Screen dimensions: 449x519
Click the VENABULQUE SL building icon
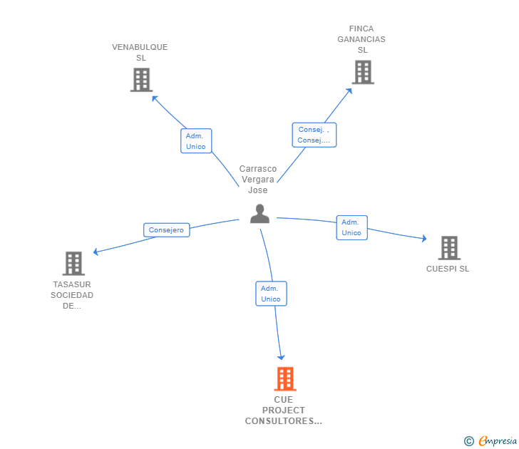point(141,80)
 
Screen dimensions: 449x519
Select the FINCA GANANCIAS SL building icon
point(362,72)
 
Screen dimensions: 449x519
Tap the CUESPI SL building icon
point(448,247)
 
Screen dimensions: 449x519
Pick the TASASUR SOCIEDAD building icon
point(73,263)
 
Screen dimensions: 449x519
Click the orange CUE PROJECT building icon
point(285,378)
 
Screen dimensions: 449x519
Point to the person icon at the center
point(259,214)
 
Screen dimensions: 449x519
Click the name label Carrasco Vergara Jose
point(257,180)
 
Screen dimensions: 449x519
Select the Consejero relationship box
point(166,230)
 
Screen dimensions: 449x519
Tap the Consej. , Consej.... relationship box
point(314,135)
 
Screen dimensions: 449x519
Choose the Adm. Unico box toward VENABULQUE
point(195,141)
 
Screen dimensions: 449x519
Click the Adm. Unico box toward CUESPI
point(351,227)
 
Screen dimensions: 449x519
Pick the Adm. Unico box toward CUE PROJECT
point(271,294)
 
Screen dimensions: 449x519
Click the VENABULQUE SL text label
point(140,52)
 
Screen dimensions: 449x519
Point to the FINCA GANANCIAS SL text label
point(361,39)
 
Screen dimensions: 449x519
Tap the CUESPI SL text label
point(448,269)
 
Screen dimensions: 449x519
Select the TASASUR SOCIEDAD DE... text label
point(72,295)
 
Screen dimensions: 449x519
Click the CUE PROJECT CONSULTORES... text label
point(283,411)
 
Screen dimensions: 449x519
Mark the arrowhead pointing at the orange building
point(281,356)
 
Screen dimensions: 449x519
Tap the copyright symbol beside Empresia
point(469,441)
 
